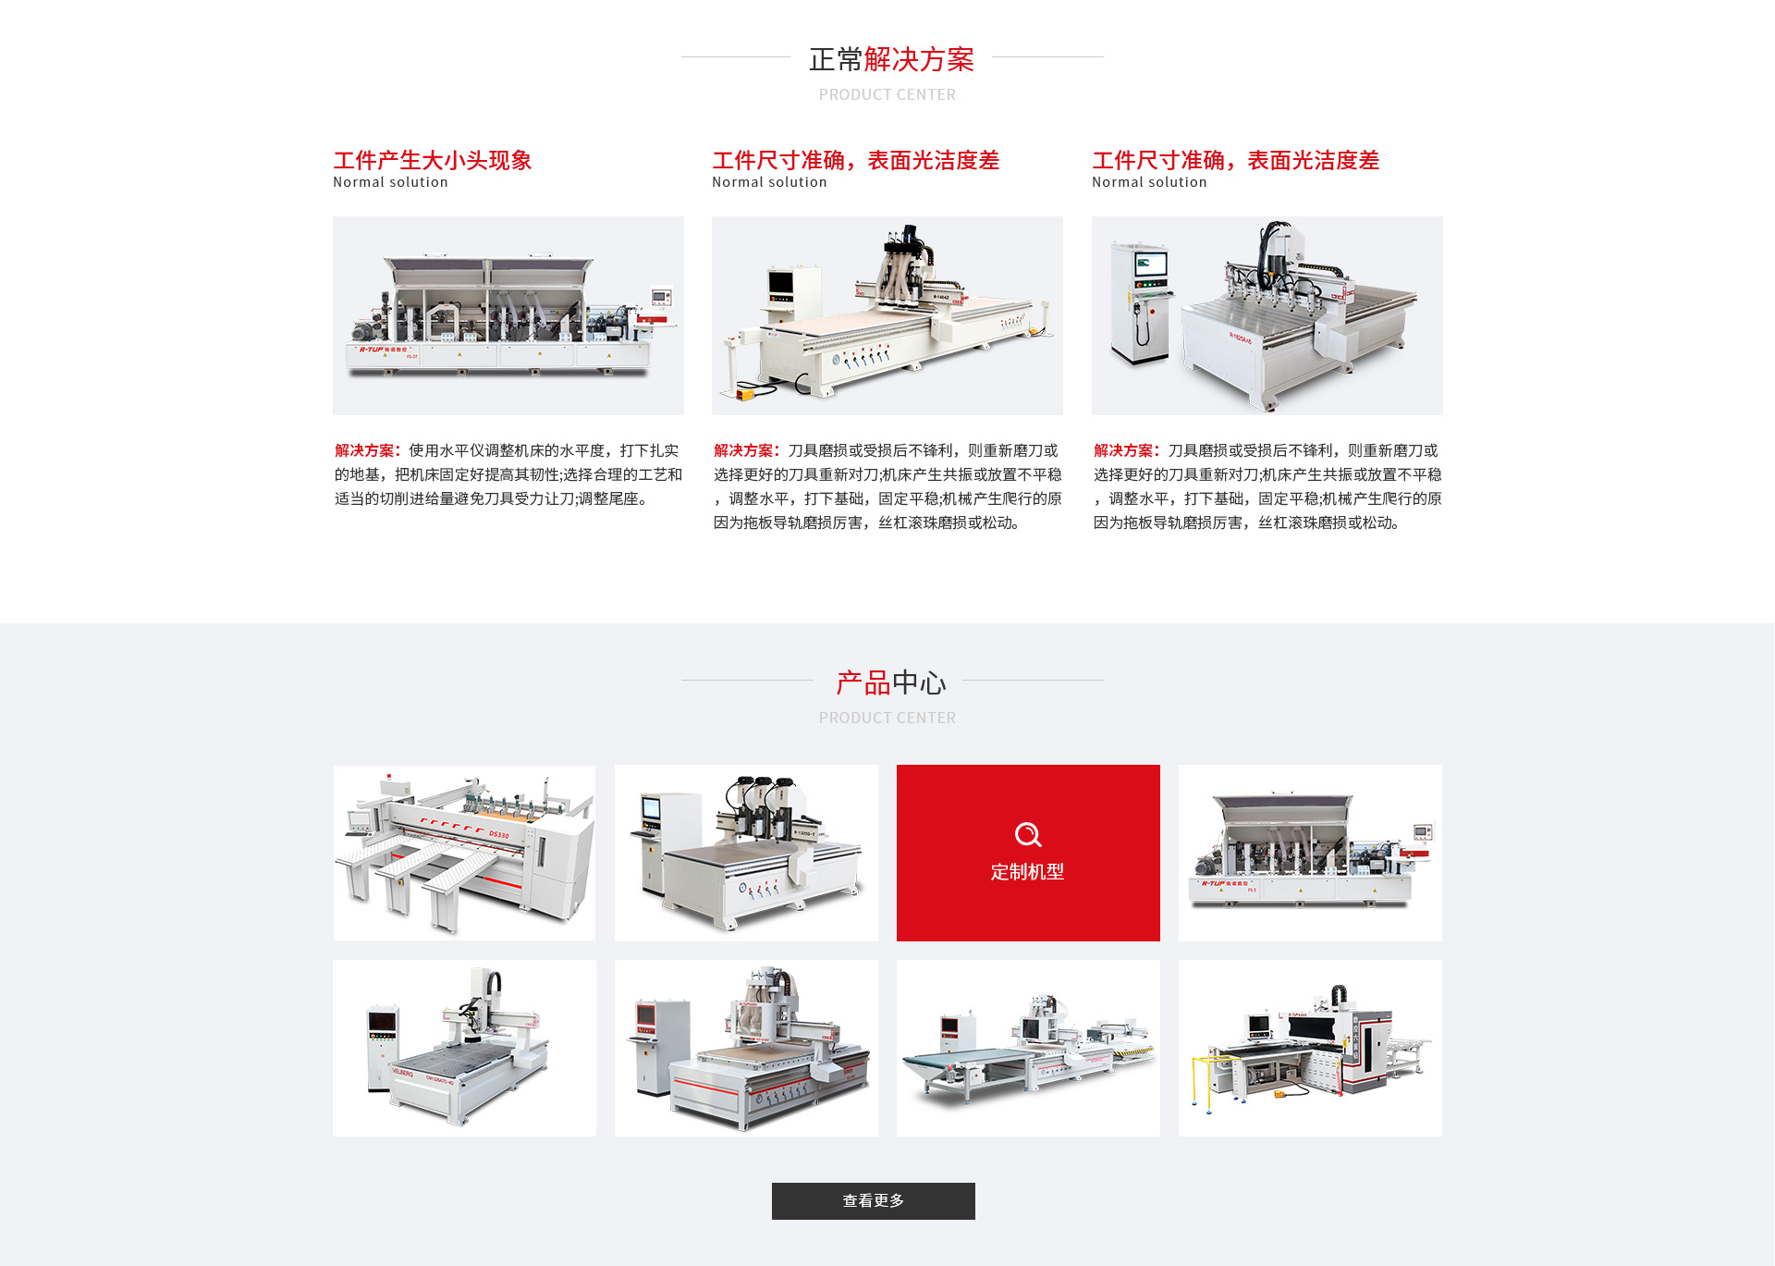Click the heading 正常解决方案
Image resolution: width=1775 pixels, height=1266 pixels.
[x=891, y=59]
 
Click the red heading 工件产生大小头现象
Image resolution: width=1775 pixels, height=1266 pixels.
[x=433, y=160]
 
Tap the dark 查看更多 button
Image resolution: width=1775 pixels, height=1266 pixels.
[x=873, y=1200]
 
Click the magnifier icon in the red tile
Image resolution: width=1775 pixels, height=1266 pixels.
[x=1027, y=834]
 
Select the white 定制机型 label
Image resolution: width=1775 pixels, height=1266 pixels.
[x=1027, y=871]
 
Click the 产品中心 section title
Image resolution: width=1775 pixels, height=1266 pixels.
[x=891, y=682]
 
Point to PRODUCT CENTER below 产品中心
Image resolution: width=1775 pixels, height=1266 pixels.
[x=887, y=718]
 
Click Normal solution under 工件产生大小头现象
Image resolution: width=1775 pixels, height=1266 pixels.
[x=390, y=182]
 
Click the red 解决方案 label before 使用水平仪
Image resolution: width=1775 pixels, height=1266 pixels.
[x=368, y=450]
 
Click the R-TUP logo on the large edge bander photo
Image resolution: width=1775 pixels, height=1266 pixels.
[x=372, y=350]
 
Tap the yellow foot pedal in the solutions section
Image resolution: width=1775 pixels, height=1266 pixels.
[x=745, y=394]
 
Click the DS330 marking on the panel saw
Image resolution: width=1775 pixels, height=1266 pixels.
[x=499, y=834]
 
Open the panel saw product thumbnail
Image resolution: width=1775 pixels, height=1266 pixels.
[x=464, y=853]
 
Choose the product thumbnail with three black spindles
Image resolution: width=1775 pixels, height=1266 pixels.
[x=746, y=853]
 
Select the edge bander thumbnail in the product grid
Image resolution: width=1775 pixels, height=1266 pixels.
[x=1310, y=853]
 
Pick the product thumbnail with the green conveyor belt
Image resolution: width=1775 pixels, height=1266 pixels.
[x=1028, y=1048]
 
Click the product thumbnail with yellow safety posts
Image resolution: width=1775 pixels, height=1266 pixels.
[x=1310, y=1048]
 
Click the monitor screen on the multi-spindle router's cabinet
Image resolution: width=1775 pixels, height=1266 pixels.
[x=1151, y=264]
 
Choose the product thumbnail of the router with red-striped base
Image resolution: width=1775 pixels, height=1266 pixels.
[x=746, y=1048]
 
